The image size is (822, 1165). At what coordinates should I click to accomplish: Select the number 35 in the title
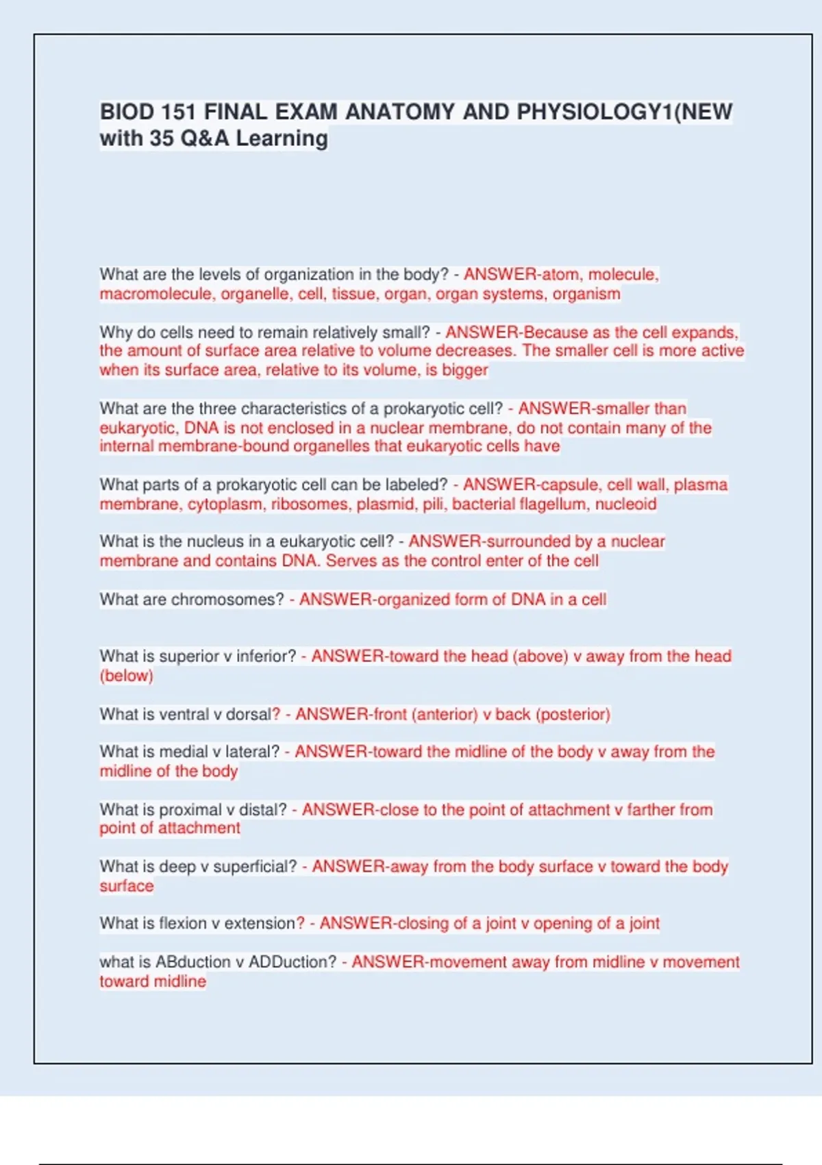coord(162,138)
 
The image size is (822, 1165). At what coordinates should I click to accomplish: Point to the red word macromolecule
coord(155,294)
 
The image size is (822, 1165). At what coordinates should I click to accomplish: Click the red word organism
coord(586,294)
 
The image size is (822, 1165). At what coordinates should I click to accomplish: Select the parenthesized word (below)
coord(127,676)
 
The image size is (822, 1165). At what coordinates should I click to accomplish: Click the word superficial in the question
coord(255,867)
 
